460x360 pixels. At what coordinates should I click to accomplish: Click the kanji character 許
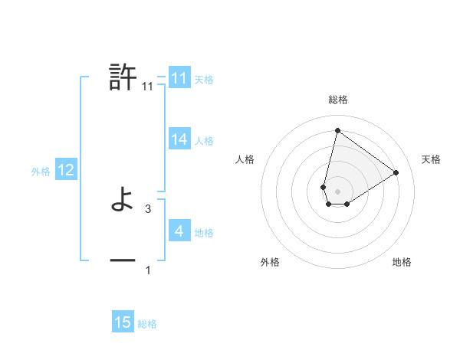123,78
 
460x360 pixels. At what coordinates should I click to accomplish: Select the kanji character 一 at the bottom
123,261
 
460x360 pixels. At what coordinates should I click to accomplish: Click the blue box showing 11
179,78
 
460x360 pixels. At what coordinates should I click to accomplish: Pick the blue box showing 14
179,139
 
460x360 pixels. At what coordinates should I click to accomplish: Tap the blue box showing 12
66,170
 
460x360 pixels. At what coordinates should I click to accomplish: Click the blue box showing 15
123,322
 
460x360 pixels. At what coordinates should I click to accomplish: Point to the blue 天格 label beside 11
204,79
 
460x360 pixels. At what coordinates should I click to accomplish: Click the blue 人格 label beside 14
204,140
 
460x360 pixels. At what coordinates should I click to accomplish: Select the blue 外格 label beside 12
41,172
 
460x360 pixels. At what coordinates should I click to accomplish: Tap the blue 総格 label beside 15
147,324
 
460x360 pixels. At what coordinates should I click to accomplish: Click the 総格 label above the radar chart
337,100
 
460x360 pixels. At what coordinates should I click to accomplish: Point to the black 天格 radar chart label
431,159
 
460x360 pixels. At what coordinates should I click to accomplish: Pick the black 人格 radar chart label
245,159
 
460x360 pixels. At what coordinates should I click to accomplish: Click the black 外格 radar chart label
270,263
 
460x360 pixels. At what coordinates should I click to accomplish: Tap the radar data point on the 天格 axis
396,172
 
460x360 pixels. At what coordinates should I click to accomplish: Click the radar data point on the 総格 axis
337,130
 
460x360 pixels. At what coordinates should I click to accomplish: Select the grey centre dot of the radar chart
337,191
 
